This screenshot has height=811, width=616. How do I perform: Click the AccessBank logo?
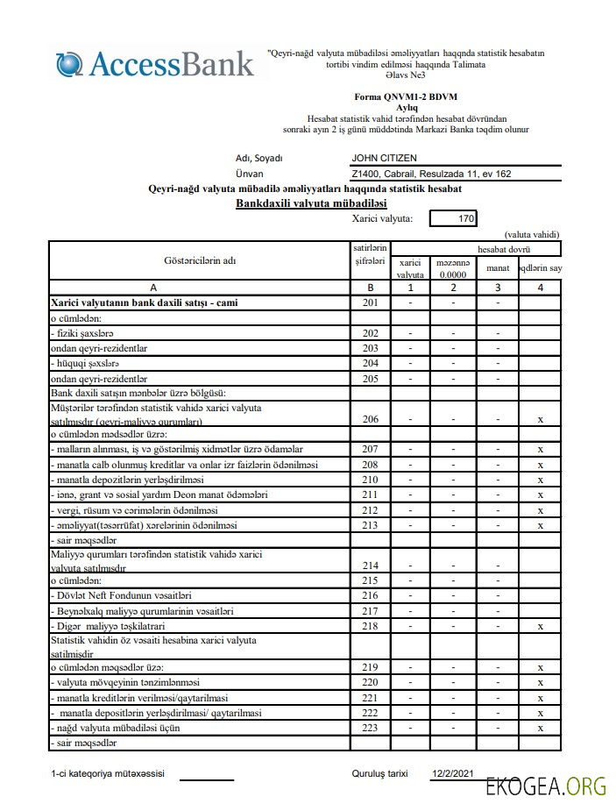[155, 64]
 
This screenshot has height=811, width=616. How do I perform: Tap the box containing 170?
[453, 218]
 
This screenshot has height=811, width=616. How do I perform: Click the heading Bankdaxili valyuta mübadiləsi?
[311, 203]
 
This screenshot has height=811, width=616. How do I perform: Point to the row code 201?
[370, 302]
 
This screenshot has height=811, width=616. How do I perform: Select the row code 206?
[370, 419]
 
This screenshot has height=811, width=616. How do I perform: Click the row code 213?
[370, 525]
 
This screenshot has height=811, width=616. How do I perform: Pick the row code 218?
[370, 626]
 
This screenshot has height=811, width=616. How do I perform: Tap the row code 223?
[370, 727]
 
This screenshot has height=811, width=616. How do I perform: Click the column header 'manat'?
[498, 268]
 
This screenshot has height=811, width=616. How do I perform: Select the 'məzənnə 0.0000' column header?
[453, 268]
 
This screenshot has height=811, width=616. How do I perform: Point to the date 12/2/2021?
[452, 775]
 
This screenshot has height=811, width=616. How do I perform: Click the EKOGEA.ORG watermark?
[546, 786]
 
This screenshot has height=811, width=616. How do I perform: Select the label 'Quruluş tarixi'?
[379, 775]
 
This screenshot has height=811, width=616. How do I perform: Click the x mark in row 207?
[541, 450]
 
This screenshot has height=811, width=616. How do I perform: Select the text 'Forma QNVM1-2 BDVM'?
[406, 96]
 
